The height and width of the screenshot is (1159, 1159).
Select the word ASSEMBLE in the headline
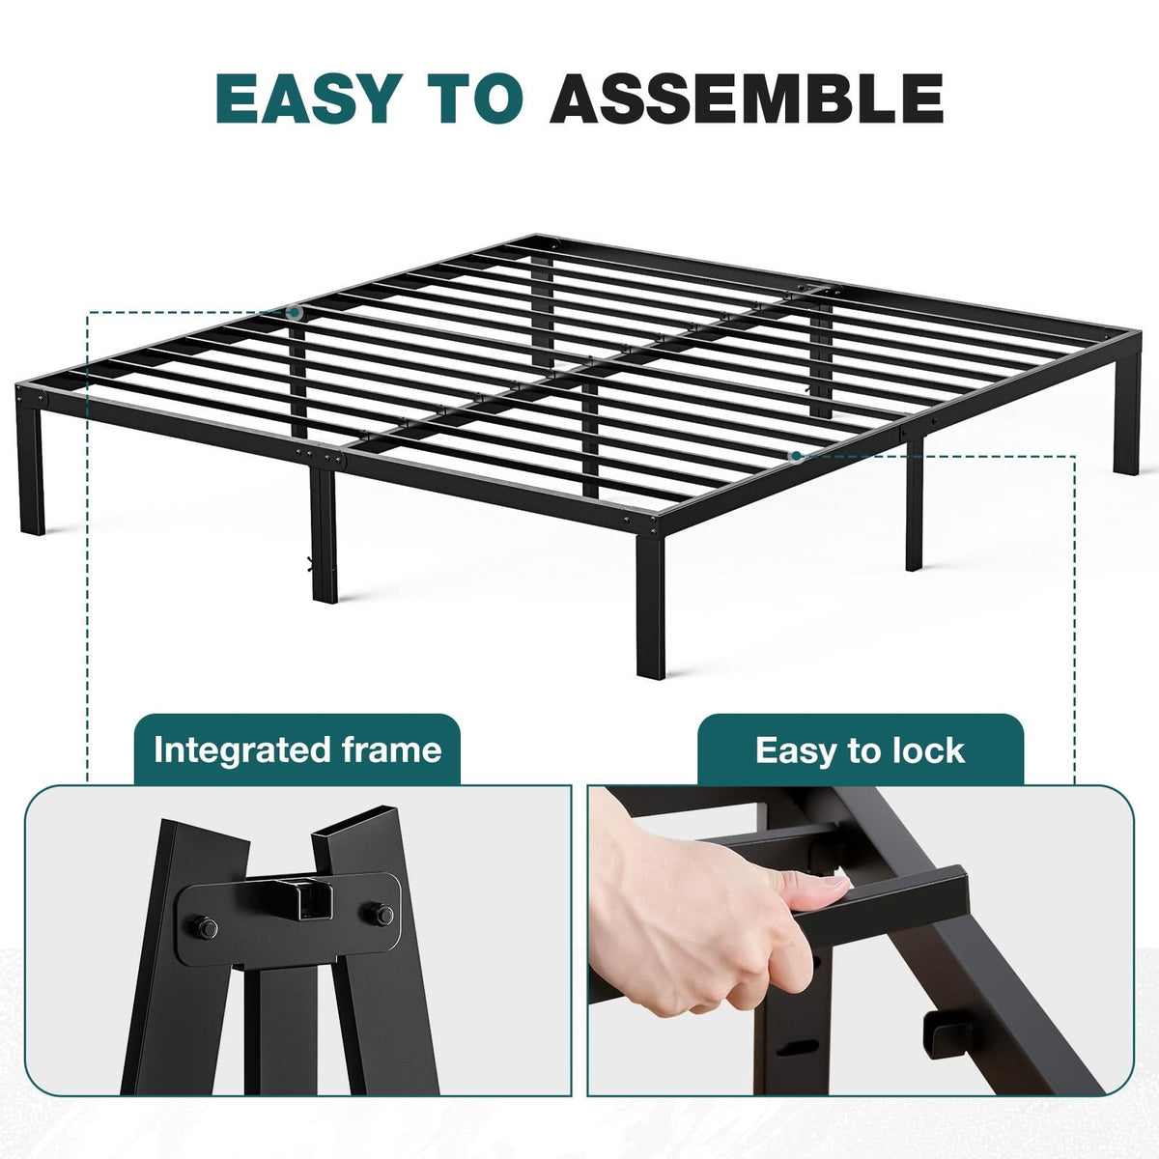(x=747, y=99)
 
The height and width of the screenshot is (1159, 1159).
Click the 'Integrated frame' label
(x=297, y=750)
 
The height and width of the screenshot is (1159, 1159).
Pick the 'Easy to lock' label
(x=861, y=750)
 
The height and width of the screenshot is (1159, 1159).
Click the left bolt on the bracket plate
(x=206, y=928)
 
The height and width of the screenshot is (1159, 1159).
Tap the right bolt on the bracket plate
(x=382, y=915)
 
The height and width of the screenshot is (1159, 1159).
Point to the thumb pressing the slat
(x=811, y=892)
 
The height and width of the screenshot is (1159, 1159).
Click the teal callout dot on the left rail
(x=295, y=312)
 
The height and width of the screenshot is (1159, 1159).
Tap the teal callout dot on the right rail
(x=796, y=457)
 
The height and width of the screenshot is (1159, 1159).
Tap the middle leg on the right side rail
(x=914, y=505)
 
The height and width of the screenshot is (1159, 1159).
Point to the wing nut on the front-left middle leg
(x=309, y=563)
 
